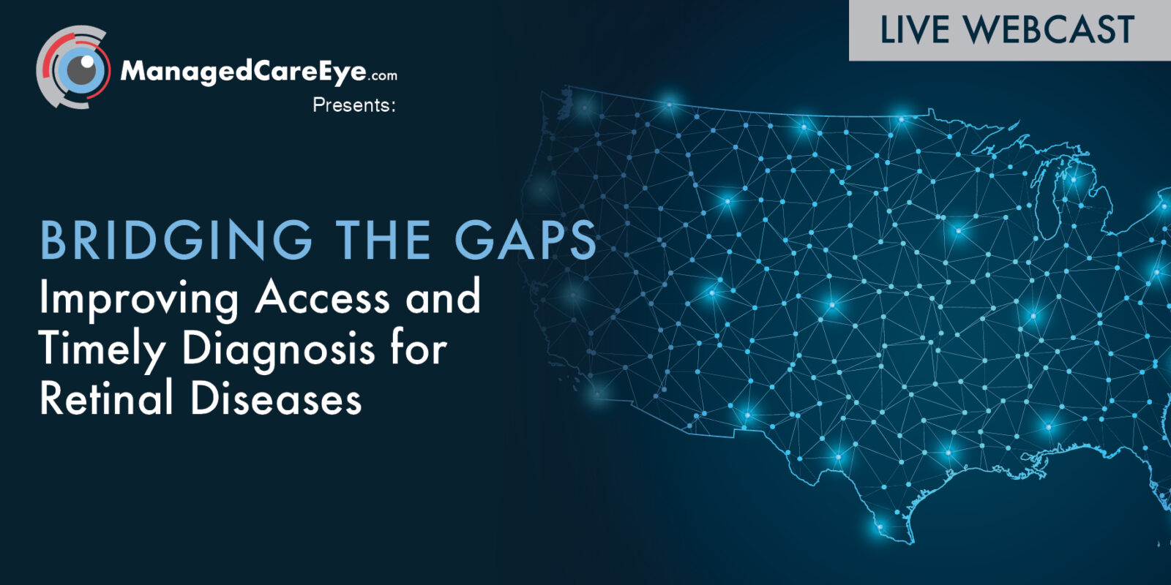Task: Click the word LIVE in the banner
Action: pos(915,29)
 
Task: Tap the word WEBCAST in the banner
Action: pos(1050,29)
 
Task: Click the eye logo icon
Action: pos(73,68)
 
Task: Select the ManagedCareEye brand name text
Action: pos(243,72)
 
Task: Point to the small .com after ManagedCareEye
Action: pos(383,76)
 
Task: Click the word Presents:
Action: pos(354,105)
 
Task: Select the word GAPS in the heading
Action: pos(525,241)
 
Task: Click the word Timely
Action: pos(102,349)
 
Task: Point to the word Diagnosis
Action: pos(278,349)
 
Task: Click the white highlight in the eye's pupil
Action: pos(87,61)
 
